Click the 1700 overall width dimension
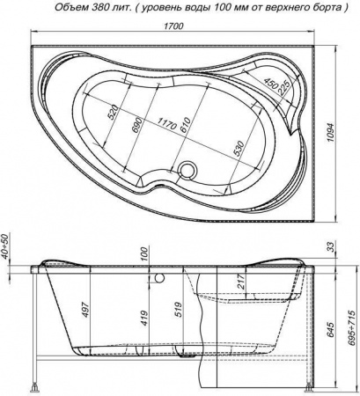tap(173, 26)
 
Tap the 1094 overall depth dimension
tap(331, 133)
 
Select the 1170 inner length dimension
tap(166, 123)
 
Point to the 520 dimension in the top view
tap(114, 112)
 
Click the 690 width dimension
tap(138, 126)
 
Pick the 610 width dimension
tap(186, 125)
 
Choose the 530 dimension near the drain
tap(239, 149)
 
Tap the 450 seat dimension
tap(270, 84)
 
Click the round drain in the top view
tap(187, 170)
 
